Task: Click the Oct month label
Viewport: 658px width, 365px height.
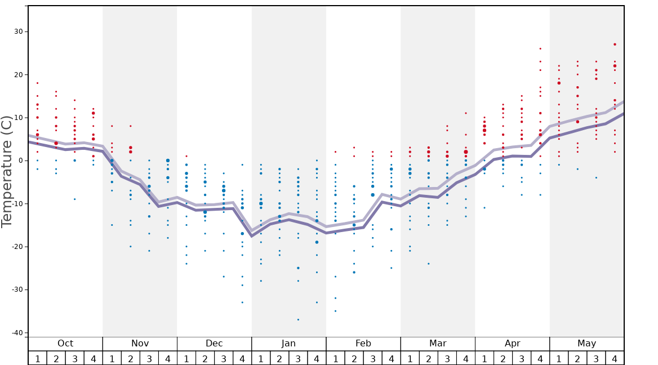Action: point(65,344)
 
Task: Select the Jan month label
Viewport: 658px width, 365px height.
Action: point(288,344)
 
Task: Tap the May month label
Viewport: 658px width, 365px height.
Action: point(586,344)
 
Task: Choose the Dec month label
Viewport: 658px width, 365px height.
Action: point(214,344)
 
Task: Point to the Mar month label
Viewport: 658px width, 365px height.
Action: point(438,344)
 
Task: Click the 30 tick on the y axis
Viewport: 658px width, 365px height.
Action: point(17,32)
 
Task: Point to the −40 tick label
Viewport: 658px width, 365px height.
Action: point(16,333)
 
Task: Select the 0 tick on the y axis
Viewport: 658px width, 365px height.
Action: point(20,161)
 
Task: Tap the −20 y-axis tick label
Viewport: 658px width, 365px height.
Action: point(16,247)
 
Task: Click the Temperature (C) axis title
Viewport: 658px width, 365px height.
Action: point(7,171)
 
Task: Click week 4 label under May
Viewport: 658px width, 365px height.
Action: point(615,359)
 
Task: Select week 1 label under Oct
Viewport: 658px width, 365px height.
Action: point(37,359)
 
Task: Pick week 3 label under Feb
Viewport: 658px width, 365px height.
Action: point(372,359)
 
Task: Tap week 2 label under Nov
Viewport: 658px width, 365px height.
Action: point(131,359)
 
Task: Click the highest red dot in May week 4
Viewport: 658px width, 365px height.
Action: point(615,44)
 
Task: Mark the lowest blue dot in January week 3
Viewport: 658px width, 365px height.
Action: point(298,319)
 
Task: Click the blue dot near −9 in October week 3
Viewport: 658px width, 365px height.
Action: point(74,199)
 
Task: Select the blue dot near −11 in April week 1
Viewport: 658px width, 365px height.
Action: point(484,208)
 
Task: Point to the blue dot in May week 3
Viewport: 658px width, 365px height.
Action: point(596,177)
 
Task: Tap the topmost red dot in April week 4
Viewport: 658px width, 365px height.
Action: point(540,48)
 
